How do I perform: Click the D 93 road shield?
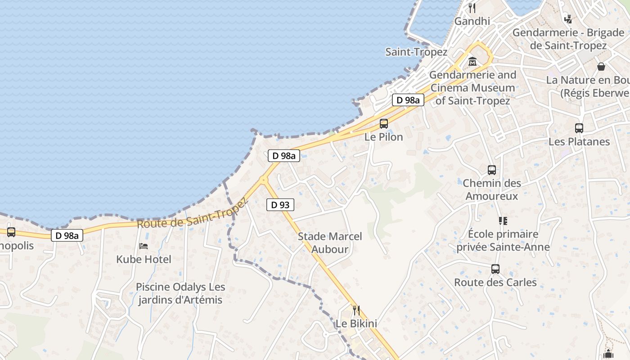(x=280, y=205)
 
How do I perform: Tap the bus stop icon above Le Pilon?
(x=384, y=123)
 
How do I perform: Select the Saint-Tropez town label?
(x=416, y=52)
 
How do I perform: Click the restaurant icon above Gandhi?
(x=472, y=8)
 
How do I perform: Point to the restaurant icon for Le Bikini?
(x=356, y=310)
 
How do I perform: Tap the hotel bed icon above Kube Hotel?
(x=144, y=246)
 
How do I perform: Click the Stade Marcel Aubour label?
(x=330, y=243)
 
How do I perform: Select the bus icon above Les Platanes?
(x=579, y=128)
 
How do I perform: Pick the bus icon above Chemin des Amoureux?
(x=492, y=170)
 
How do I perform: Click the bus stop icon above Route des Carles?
(x=495, y=269)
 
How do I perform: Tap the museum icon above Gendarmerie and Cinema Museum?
(x=472, y=61)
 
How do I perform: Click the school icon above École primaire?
(x=503, y=221)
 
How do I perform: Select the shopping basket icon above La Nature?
(x=601, y=67)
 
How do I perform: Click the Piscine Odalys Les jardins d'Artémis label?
(x=180, y=293)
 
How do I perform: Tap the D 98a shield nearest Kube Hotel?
(x=67, y=235)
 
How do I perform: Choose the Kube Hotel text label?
(x=144, y=259)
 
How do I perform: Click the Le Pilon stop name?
(x=384, y=137)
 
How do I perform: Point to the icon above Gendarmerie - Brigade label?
(x=568, y=19)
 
